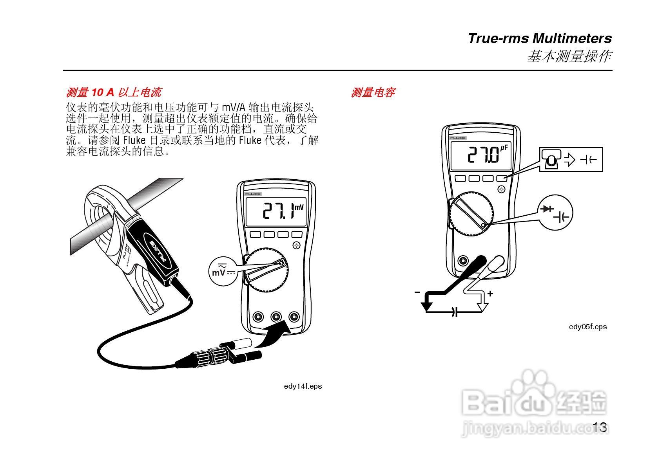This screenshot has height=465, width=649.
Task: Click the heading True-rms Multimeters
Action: (539, 38)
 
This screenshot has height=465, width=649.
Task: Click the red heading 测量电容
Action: (373, 93)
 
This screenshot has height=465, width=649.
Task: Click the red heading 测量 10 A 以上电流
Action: (113, 93)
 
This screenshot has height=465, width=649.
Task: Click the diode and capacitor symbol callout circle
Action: (557, 213)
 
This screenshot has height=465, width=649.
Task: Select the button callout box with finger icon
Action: (571, 159)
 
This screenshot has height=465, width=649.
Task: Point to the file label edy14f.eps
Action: (303, 386)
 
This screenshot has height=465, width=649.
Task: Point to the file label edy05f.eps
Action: (587, 327)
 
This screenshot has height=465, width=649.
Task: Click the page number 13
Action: (600, 427)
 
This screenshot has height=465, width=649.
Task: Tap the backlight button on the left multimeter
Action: (296, 245)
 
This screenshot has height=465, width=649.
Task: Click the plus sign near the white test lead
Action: (490, 294)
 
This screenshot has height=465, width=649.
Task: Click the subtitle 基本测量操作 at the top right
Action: (568, 57)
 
